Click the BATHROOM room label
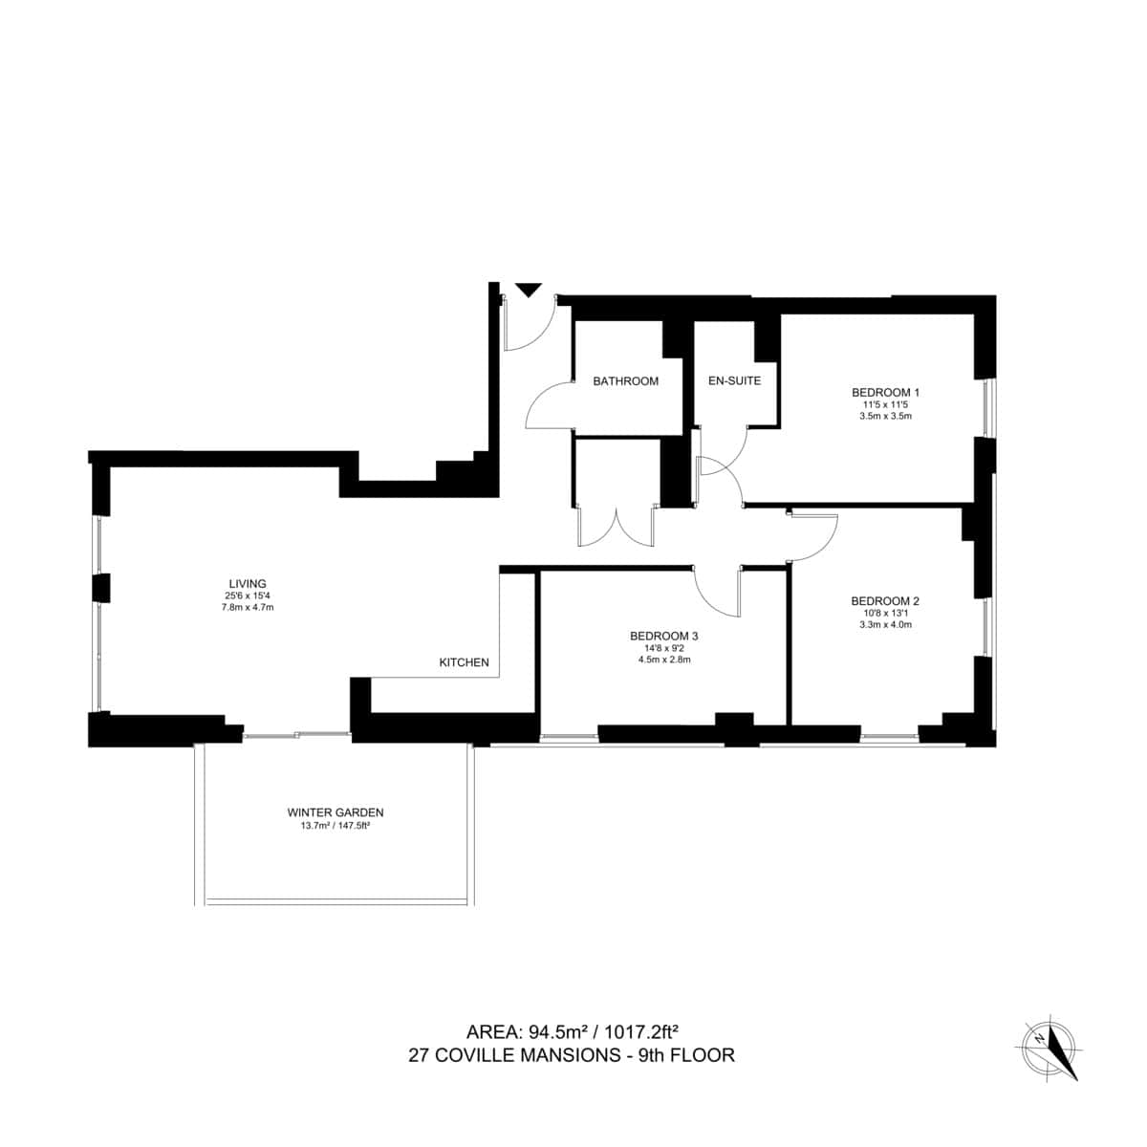[625, 381]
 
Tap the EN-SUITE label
[734, 381]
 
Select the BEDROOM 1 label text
[885, 392]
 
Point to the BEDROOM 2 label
[884, 601]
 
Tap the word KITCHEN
[464, 662]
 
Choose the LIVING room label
[247, 583]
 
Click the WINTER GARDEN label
[335, 812]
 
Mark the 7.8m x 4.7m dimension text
[247, 607]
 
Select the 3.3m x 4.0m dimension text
[884, 625]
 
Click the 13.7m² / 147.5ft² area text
[335, 826]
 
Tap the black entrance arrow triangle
[529, 290]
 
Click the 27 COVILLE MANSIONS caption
[572, 1056]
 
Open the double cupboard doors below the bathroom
[617, 526]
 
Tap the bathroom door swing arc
[547, 406]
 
